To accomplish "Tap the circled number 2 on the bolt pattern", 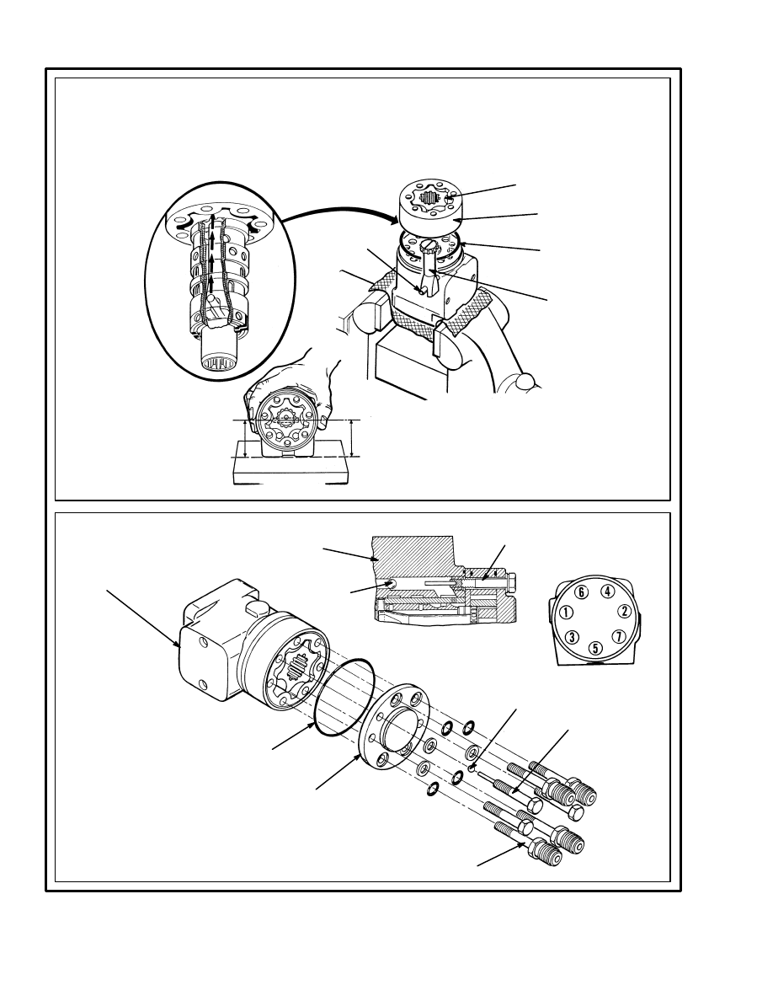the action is (x=625, y=611).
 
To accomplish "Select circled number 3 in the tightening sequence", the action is (x=572, y=636).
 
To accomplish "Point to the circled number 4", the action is (x=607, y=591).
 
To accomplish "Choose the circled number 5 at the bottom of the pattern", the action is (x=595, y=648).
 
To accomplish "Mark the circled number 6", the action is (x=581, y=591).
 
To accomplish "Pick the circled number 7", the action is (x=618, y=636).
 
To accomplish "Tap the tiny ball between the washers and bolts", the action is (x=472, y=768).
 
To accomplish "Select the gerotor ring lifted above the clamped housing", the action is (x=433, y=206).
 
